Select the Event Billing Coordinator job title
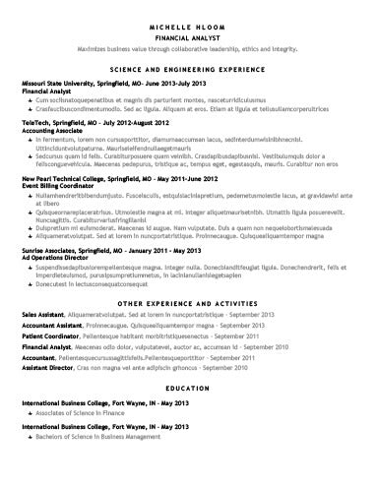point(58,186)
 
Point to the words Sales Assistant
point(43,316)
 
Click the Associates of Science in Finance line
point(88,414)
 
